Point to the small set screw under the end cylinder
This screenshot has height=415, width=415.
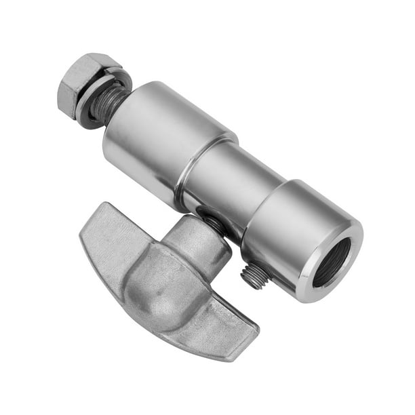pos(257,275)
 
